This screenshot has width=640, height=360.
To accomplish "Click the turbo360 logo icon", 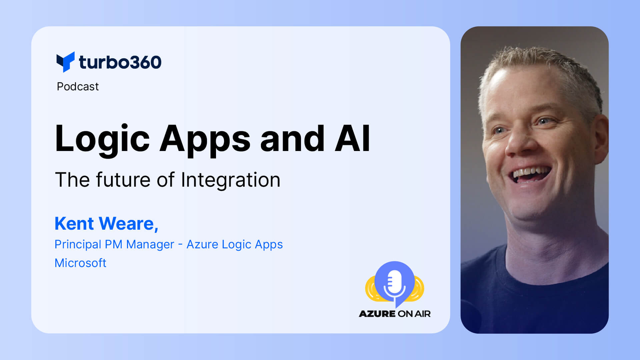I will click(x=65, y=62).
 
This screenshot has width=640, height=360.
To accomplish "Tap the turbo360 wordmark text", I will click(x=120, y=62).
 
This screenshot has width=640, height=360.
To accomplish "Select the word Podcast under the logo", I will click(x=78, y=87).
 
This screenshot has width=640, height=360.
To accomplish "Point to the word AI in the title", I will click(x=352, y=139).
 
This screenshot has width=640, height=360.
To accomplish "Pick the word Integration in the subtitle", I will click(x=230, y=180).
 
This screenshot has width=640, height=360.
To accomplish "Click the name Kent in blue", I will click(x=74, y=223).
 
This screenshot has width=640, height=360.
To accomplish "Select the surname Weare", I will click(x=127, y=223).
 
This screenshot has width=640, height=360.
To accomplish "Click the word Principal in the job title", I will click(x=77, y=244).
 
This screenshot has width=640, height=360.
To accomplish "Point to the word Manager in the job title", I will click(x=150, y=244).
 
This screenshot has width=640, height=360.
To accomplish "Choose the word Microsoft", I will click(x=80, y=263).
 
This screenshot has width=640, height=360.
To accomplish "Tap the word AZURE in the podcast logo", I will click(x=377, y=314).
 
